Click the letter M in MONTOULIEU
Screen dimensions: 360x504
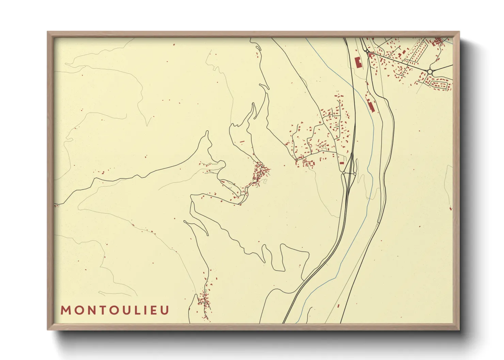click(x=65, y=310)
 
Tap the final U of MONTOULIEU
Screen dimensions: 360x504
click(x=165, y=310)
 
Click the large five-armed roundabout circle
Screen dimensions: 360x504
click(x=430, y=71)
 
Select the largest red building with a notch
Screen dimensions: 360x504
click(x=358, y=63)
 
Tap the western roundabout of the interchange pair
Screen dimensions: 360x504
click(x=344, y=173)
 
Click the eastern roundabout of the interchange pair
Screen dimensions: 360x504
click(x=355, y=174)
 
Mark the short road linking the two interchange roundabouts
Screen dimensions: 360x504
click(x=349, y=174)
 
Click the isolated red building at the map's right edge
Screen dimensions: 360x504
click(x=451, y=208)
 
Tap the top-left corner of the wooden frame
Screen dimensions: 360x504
click(x=48, y=32)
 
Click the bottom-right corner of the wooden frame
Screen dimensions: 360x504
click(x=459, y=330)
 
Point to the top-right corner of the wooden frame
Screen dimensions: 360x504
click(x=459, y=32)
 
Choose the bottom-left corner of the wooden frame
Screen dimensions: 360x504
click(x=48, y=330)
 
